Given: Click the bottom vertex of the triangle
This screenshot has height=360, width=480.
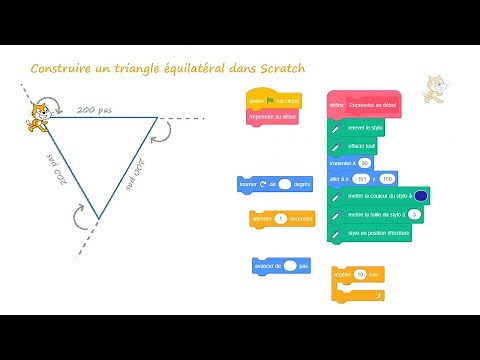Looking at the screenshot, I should coord(97,217).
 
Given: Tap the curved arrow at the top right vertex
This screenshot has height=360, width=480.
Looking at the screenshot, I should coord(171,132).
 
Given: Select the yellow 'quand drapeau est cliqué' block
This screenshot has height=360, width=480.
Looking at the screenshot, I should coord(273,101).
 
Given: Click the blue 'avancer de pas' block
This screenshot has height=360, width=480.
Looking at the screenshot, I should coord(280,265).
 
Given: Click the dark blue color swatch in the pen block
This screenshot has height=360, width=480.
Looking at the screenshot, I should coord(421,196).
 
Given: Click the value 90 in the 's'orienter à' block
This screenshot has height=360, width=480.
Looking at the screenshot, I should coord(363,162).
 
